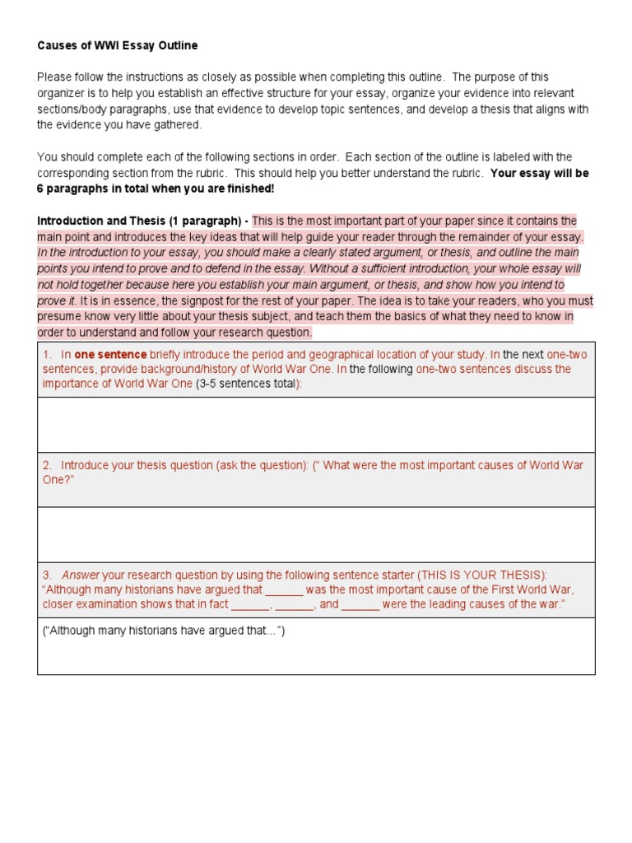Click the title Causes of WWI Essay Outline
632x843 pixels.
(x=118, y=45)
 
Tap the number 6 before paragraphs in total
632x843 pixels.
(x=40, y=189)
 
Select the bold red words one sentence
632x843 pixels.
(x=110, y=355)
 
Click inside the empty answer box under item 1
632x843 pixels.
(x=316, y=424)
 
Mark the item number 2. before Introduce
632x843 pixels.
(x=48, y=465)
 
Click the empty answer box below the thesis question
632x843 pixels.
(x=316, y=534)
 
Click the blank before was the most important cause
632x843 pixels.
(x=285, y=589)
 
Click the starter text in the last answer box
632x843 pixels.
(x=163, y=631)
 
